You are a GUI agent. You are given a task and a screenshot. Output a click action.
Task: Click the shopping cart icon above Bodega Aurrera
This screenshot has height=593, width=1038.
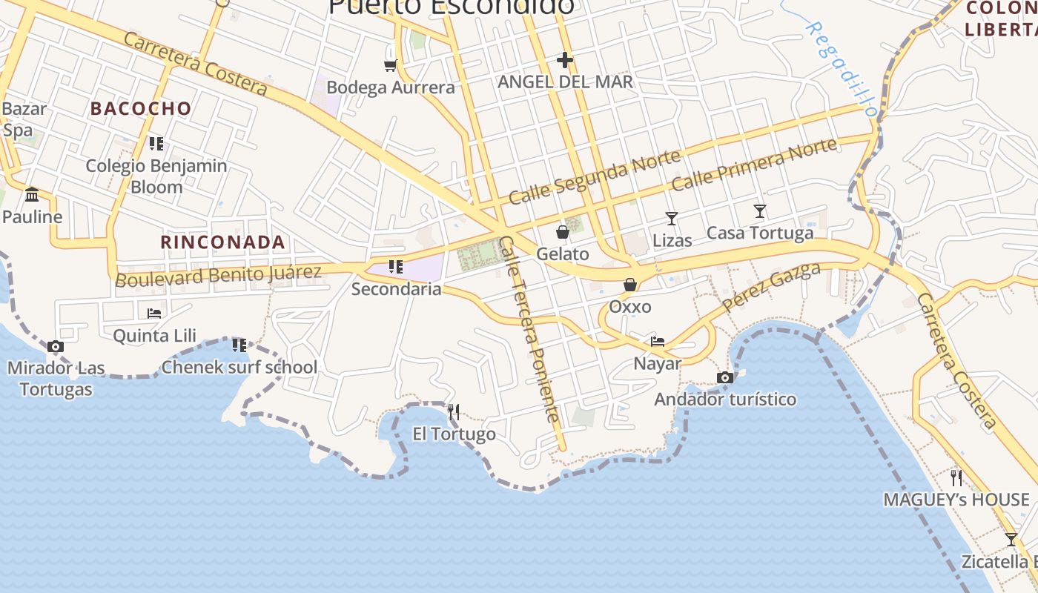pyautogui.click(x=390, y=65)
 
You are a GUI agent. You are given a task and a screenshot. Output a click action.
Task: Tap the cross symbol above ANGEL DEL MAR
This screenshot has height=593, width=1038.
pyautogui.click(x=565, y=59)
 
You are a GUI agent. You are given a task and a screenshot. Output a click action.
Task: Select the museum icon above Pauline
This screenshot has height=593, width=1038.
pyautogui.click(x=32, y=194)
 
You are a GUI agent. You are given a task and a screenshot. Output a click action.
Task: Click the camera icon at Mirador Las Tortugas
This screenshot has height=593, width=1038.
pyautogui.click(x=55, y=346)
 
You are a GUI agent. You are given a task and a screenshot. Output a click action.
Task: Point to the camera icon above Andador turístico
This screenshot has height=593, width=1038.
pyautogui.click(x=725, y=378)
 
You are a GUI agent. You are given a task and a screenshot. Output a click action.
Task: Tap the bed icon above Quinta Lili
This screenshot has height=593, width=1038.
pyautogui.click(x=154, y=313)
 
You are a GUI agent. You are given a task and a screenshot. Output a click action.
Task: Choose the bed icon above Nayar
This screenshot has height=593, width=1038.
pyautogui.click(x=657, y=342)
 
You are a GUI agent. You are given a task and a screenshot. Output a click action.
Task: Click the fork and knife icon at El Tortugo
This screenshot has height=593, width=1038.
pyautogui.click(x=454, y=411)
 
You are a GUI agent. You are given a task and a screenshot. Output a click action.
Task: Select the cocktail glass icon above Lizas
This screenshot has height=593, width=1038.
pyautogui.click(x=672, y=218)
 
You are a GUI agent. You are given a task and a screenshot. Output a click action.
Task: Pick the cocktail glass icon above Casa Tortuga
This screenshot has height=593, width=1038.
pyautogui.click(x=760, y=211)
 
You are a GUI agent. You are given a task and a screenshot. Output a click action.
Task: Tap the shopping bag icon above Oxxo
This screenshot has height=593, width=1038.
pyautogui.click(x=630, y=285)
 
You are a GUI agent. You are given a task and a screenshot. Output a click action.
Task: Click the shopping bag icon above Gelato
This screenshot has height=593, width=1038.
pyautogui.click(x=563, y=232)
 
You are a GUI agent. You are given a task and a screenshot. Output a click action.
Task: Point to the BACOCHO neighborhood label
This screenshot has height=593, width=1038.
pyautogui.click(x=141, y=108)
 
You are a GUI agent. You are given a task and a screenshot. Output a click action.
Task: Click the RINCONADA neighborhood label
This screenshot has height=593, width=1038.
pyautogui.click(x=223, y=242)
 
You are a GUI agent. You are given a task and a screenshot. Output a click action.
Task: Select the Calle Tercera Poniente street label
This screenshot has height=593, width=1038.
pyautogui.click(x=529, y=329)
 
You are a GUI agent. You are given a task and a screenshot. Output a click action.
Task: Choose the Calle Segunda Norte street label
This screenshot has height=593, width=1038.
pyautogui.click(x=595, y=176)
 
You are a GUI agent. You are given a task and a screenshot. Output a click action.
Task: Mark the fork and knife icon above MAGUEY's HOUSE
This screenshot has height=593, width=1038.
pyautogui.click(x=956, y=477)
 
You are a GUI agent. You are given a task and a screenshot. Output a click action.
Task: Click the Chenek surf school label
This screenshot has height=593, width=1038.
pyautogui.click(x=239, y=367)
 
